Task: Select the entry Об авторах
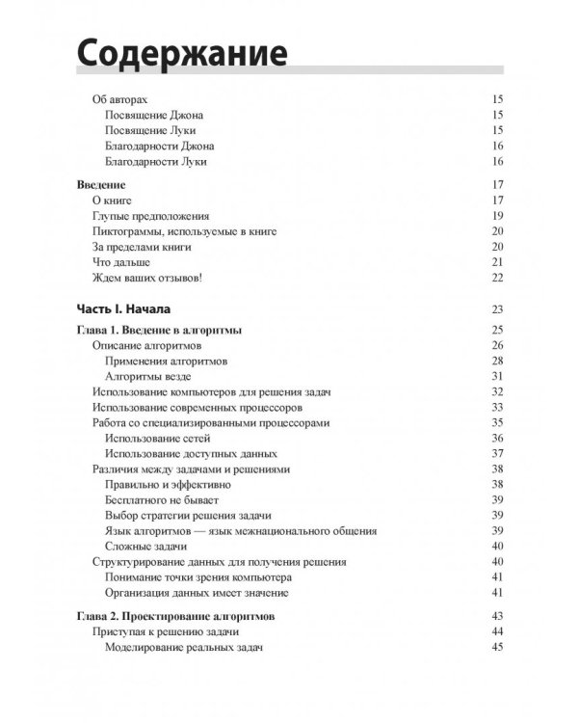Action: tap(122, 99)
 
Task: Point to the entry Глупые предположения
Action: tap(151, 216)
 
